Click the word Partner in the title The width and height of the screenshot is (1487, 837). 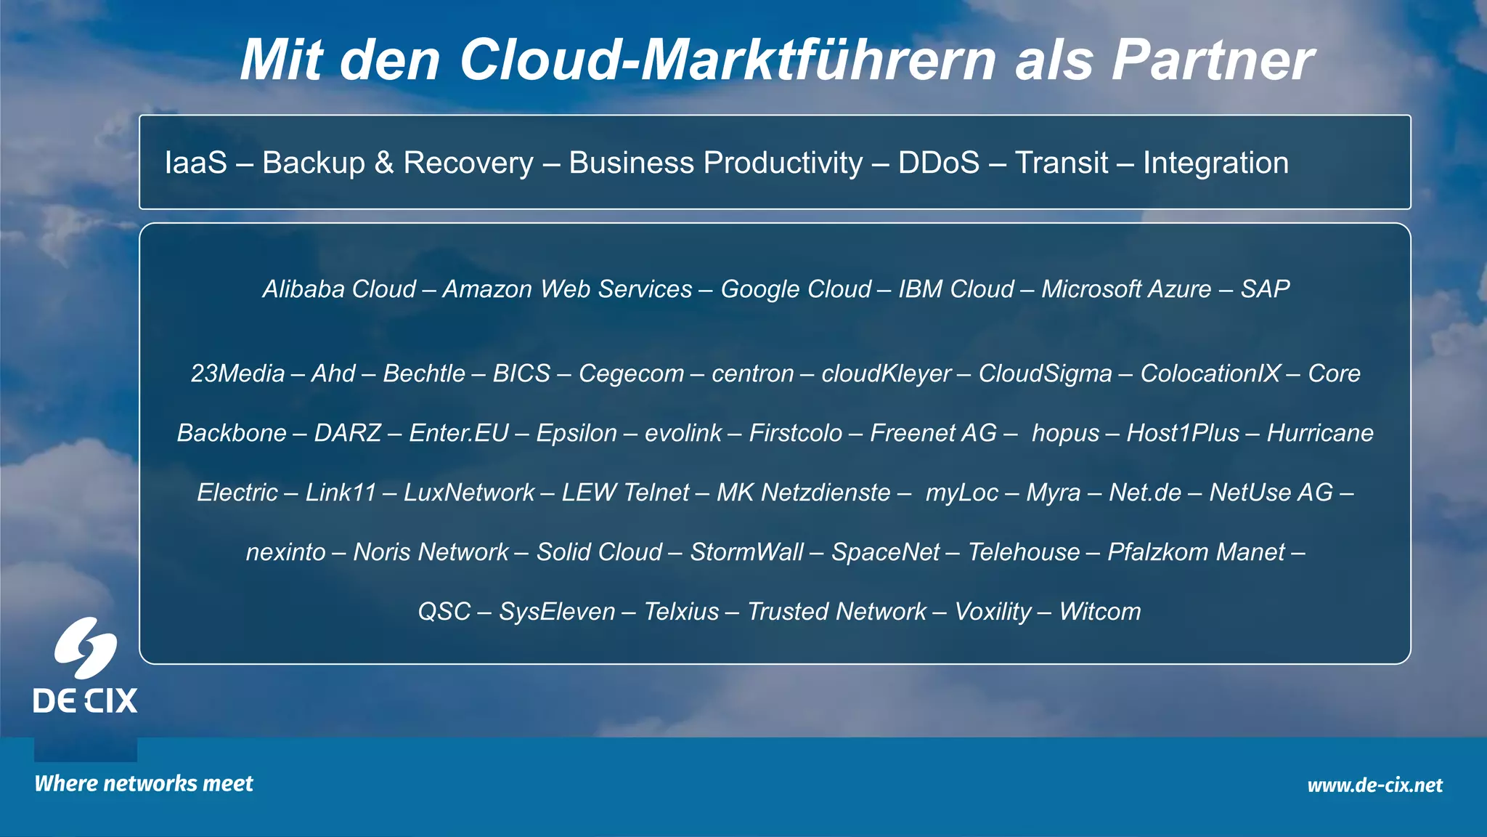pyautogui.click(x=1213, y=60)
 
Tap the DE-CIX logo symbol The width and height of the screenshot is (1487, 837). pyautogui.click(x=86, y=648)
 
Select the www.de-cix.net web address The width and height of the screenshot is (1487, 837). pyautogui.click(x=1374, y=785)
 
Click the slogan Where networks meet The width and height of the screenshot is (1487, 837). pyautogui.click(x=144, y=783)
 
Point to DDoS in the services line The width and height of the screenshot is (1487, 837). pyautogui.click(x=938, y=163)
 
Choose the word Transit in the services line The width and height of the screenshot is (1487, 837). pyautogui.click(x=1061, y=163)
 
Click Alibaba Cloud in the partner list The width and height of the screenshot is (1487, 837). pyautogui.click(x=339, y=289)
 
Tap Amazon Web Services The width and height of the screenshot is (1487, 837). pyautogui.click(x=567, y=289)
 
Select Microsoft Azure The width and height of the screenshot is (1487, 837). pyautogui.click(x=1126, y=289)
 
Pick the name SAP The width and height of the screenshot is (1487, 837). pyautogui.click(x=1265, y=289)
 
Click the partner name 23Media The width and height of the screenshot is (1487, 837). pyautogui.click(x=237, y=373)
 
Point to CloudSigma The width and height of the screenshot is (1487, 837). pyautogui.click(x=1045, y=373)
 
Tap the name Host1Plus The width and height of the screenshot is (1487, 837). pyautogui.click(x=1183, y=433)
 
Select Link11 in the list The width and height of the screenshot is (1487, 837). pyautogui.click(x=341, y=493)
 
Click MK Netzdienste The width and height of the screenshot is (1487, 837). pyautogui.click(x=803, y=493)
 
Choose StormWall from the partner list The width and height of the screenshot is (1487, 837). pyautogui.click(x=746, y=552)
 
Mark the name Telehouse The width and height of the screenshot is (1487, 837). pyautogui.click(x=1024, y=552)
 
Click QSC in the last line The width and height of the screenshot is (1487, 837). pyautogui.click(x=444, y=612)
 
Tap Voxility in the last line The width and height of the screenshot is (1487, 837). pyautogui.click(x=993, y=612)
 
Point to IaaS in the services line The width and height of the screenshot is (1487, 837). pyautogui.click(x=196, y=163)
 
